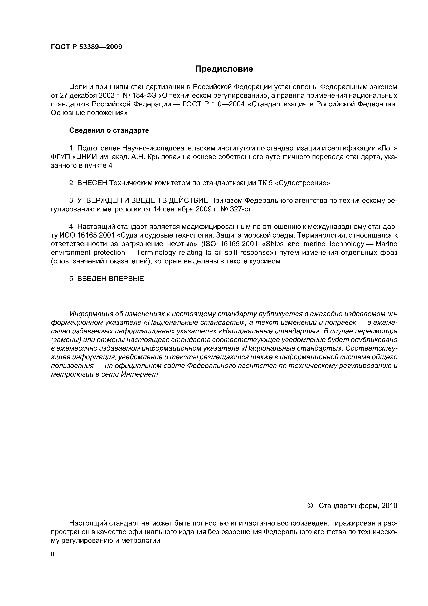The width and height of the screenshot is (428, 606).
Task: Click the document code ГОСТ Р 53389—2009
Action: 86,47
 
